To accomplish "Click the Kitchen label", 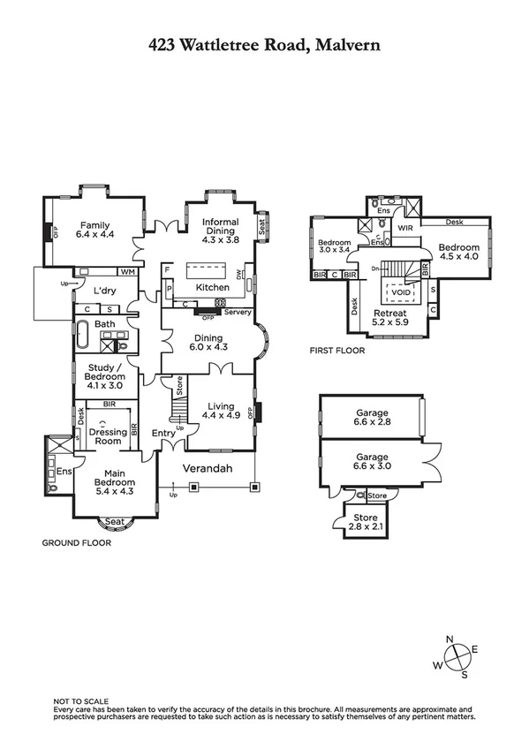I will pyautogui.click(x=213, y=287).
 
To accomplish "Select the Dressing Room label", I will pyautogui.click(x=107, y=435).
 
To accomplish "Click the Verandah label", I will pyautogui.click(x=208, y=468).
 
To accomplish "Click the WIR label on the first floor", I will pyautogui.click(x=406, y=228).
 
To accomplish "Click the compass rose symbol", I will pyautogui.click(x=459, y=657).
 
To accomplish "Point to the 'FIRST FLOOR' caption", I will pyautogui.click(x=336, y=351).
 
